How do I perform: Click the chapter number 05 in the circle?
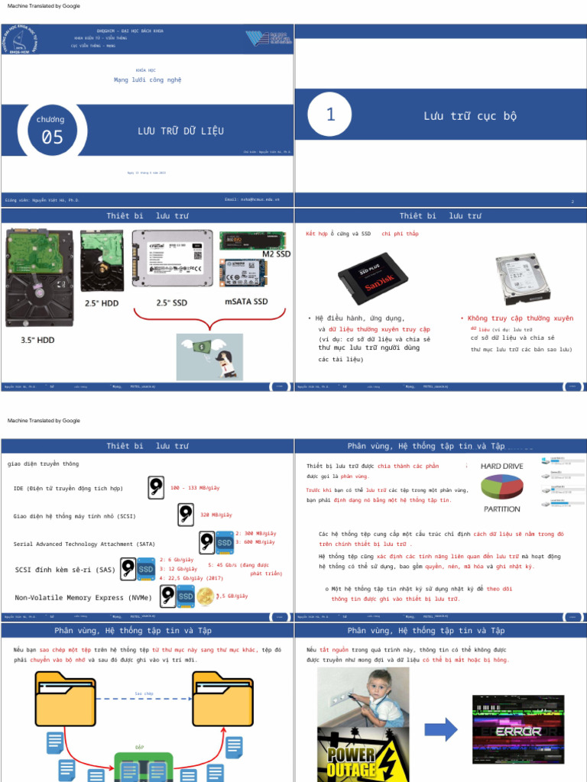[52, 137]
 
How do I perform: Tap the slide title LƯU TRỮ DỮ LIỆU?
[180, 131]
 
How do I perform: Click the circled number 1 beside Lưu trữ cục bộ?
[330, 115]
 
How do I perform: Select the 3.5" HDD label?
[37, 340]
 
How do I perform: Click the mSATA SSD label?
[246, 302]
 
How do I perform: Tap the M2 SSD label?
[276, 254]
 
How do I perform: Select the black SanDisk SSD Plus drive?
[373, 278]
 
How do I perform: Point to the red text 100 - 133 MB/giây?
[195, 487]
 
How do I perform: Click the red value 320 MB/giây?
[216, 515]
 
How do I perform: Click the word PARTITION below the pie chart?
[501, 509]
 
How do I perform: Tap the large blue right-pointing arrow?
[440, 729]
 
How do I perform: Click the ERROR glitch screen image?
[519, 730]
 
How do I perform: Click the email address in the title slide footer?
[252, 199]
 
